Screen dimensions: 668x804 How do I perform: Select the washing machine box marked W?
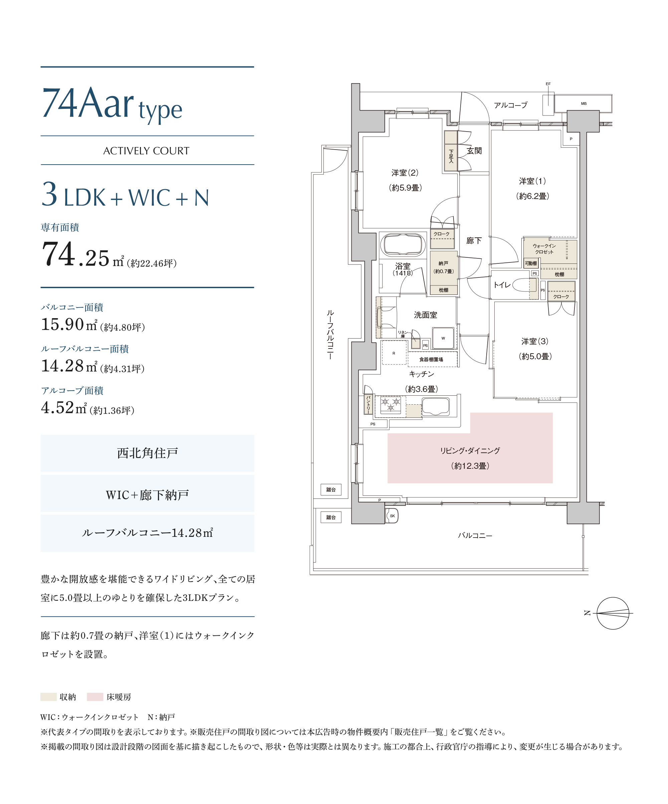[x=443, y=338]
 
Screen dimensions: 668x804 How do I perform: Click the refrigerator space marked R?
[x=394, y=353]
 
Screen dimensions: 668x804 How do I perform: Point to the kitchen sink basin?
[x=436, y=406]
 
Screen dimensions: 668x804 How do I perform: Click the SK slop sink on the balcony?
[x=392, y=516]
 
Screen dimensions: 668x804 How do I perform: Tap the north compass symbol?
[x=613, y=613]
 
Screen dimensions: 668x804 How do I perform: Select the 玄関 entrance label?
[x=474, y=151]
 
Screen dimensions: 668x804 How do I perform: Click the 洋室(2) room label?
[x=405, y=173]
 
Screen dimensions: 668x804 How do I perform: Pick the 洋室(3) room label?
[x=535, y=341]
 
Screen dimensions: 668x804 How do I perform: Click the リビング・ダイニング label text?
[x=470, y=451]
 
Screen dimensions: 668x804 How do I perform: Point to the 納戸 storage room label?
[x=443, y=263]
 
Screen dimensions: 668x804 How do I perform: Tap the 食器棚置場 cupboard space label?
[x=431, y=360]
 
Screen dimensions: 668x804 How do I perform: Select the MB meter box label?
[x=583, y=104]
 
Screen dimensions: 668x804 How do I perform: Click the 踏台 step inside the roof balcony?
[x=331, y=490]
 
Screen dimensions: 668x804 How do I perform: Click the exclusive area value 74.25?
[x=75, y=254]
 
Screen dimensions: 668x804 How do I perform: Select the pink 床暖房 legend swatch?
[x=95, y=697]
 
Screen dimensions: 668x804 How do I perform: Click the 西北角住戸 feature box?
[x=148, y=453]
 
